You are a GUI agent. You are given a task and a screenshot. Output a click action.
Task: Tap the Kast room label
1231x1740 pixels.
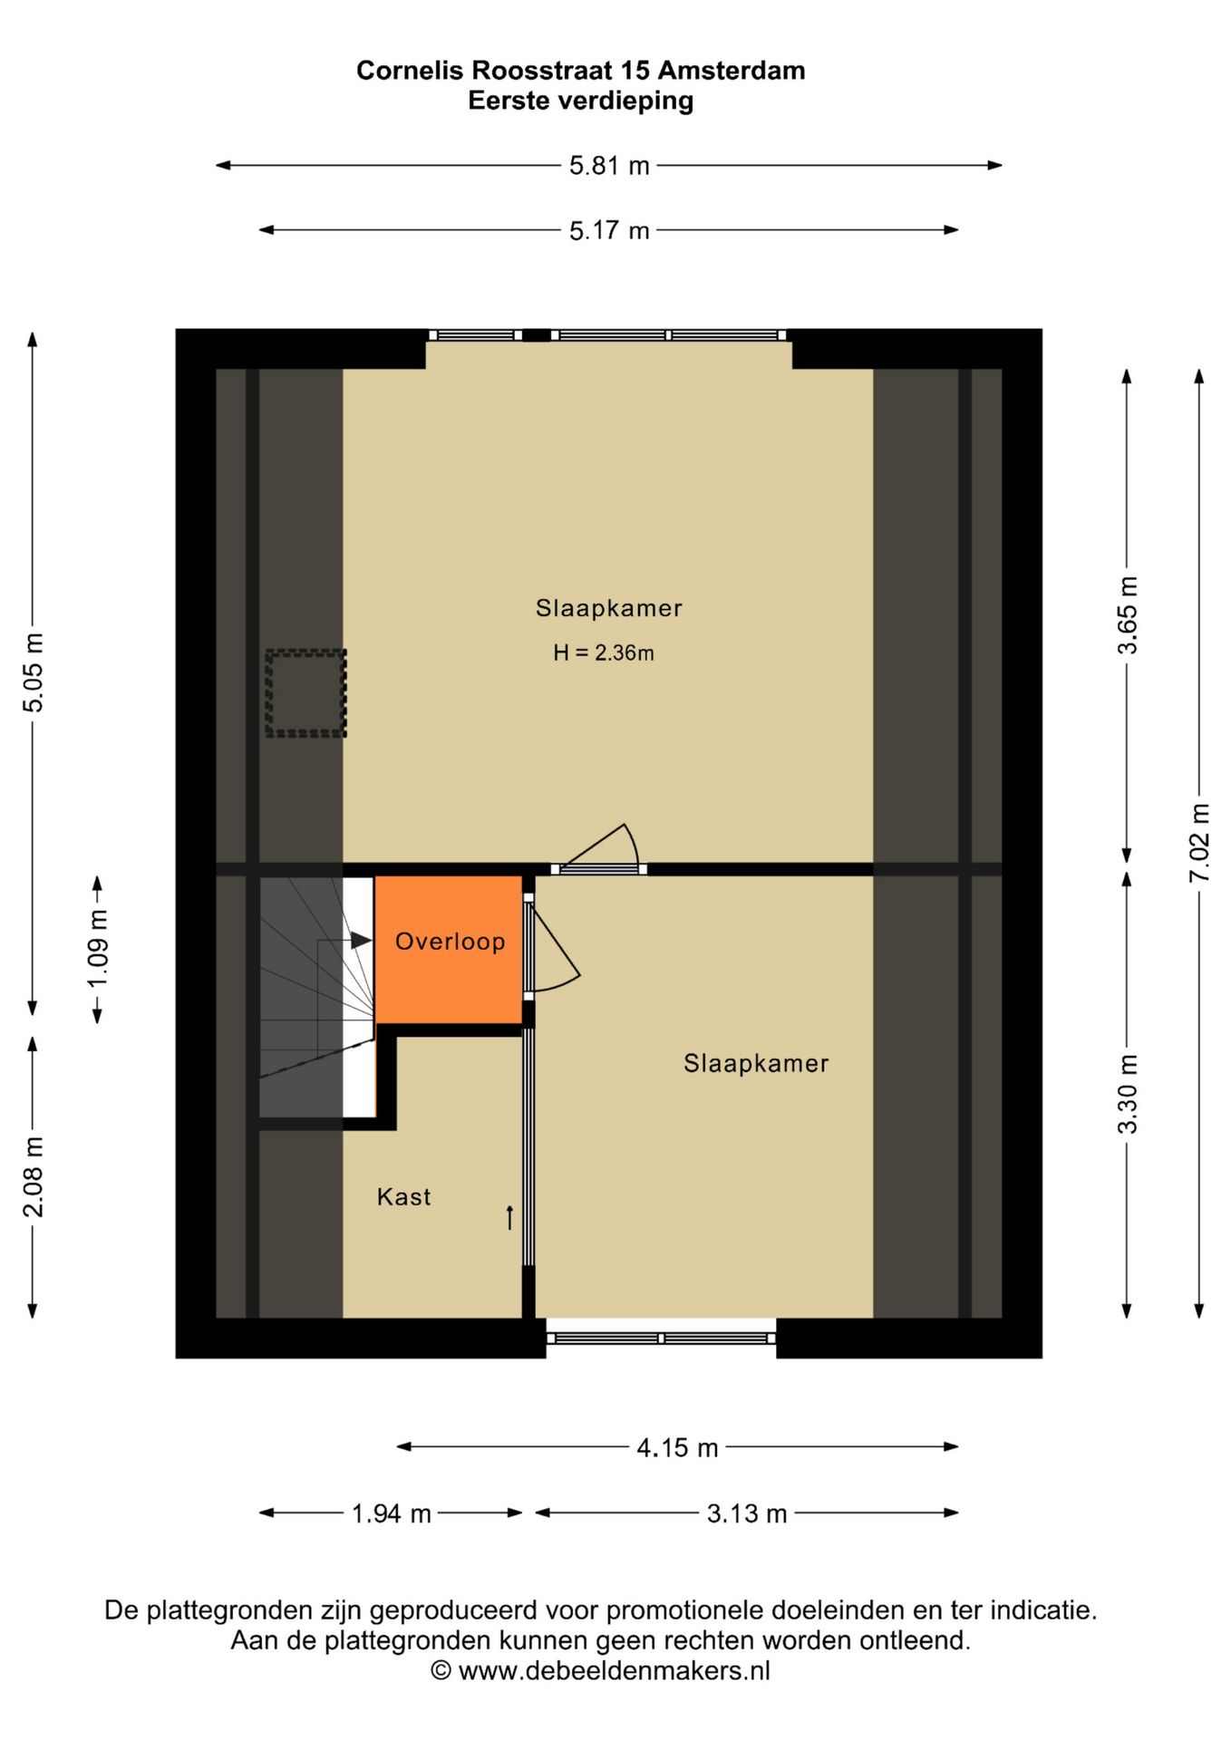click(403, 1197)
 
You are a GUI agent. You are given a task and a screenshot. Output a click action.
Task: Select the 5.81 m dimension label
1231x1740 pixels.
click(609, 166)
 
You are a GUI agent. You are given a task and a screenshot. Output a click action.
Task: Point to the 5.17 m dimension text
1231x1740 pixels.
click(609, 231)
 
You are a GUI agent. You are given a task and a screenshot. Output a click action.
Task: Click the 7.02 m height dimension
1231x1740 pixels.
click(1199, 842)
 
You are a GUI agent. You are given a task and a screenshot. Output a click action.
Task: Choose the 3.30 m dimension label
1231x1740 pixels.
click(1127, 1094)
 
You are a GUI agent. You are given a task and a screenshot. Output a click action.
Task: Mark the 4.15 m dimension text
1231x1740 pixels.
click(677, 1448)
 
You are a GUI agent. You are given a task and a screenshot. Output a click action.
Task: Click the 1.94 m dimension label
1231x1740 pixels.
click(391, 1513)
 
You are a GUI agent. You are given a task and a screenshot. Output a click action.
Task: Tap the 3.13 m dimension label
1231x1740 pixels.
click(747, 1513)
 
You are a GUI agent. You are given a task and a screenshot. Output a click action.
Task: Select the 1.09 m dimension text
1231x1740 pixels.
click(98, 949)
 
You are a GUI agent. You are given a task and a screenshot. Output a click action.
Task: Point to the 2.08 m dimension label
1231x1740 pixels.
click(33, 1176)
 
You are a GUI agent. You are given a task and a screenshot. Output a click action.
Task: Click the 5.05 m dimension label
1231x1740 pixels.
click(33, 672)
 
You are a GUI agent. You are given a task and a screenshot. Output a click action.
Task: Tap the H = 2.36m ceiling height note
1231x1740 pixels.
click(604, 652)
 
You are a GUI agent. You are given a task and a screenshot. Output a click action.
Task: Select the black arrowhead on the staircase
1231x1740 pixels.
click(361, 941)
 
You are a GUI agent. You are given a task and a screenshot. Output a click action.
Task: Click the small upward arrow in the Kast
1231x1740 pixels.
click(509, 1217)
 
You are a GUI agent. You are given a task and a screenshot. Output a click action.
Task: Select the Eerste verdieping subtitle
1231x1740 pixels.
click(580, 101)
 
